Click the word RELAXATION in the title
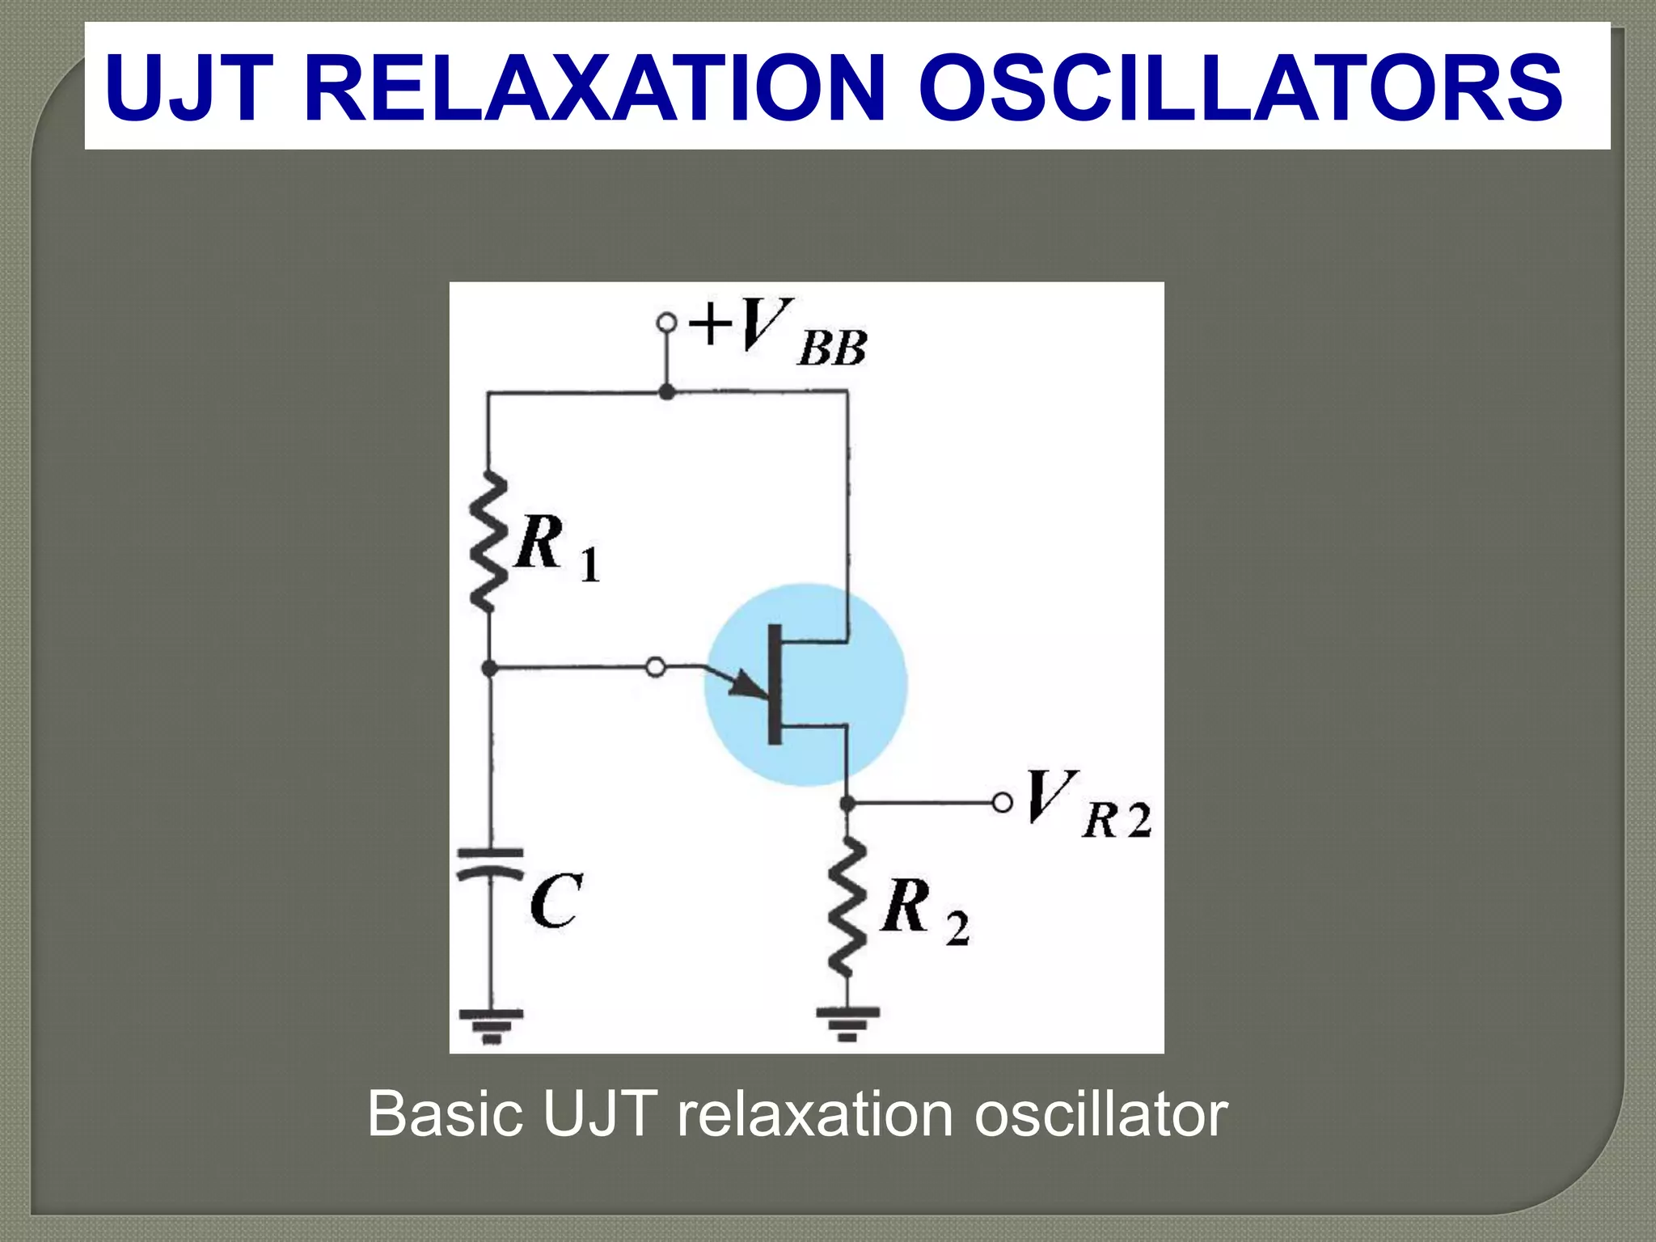595,87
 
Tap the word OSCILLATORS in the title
1240,87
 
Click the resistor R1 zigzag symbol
488,542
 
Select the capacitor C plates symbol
490,863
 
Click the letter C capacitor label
556,901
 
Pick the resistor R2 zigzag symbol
847,907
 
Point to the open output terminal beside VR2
1002,803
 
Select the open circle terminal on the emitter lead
656,668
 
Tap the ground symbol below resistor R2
847,1022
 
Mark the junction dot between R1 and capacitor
489,668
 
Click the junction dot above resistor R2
847,803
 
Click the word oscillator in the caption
1101,1114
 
